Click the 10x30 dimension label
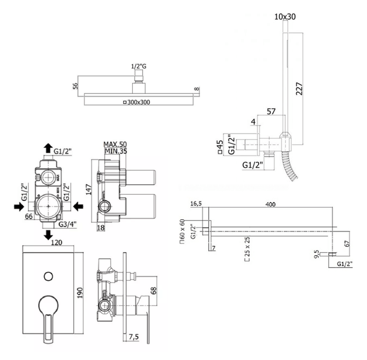(x=285, y=17)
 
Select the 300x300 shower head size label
(x=137, y=102)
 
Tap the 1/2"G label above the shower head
(x=139, y=66)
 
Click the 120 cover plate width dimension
(x=50, y=242)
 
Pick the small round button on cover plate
(x=48, y=276)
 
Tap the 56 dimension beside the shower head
(x=75, y=87)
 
